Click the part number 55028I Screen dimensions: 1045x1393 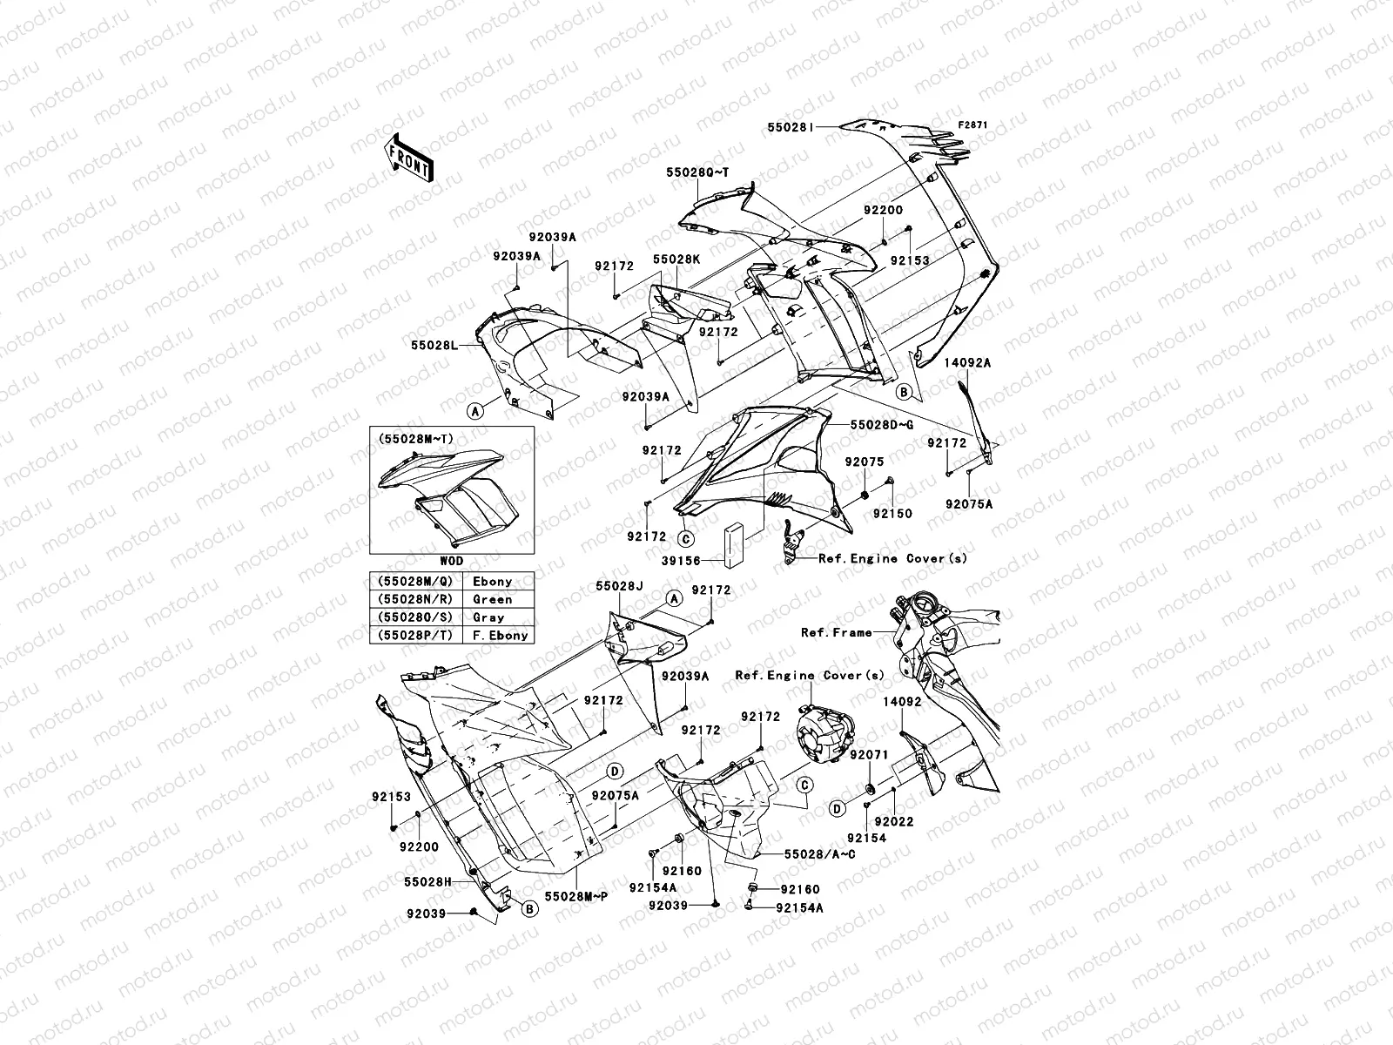coord(790,126)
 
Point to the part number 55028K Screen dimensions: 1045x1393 coord(676,260)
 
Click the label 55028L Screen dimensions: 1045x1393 coord(435,346)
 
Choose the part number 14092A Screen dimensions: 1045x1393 coord(969,363)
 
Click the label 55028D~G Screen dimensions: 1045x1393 coord(881,425)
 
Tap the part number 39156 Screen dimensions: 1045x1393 coord(682,562)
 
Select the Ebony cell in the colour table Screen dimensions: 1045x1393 coord(492,581)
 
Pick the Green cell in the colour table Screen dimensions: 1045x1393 coord(492,599)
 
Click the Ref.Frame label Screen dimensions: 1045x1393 coord(836,633)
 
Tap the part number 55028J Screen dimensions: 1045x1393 coord(619,587)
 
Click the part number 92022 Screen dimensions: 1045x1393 coord(893,821)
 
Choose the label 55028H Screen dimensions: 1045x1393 coord(426,881)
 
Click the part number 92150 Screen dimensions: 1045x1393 coord(893,514)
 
